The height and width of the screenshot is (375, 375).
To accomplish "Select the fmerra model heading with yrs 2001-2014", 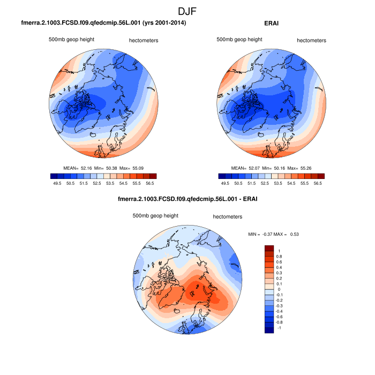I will pyautogui.click(x=104, y=24).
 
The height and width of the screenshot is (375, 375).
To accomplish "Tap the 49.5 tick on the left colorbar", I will pyautogui.click(x=58, y=183).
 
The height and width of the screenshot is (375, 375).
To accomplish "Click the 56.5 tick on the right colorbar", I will pyautogui.click(x=317, y=183).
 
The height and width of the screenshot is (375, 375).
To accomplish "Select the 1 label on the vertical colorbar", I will pyautogui.click(x=279, y=251).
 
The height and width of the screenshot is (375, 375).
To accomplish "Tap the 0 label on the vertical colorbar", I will pyautogui.click(x=279, y=289).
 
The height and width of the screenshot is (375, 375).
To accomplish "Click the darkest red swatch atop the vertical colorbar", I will pyautogui.click(x=269, y=248).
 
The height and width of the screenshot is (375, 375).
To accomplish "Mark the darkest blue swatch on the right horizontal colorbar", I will pyautogui.click(x=222, y=176).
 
